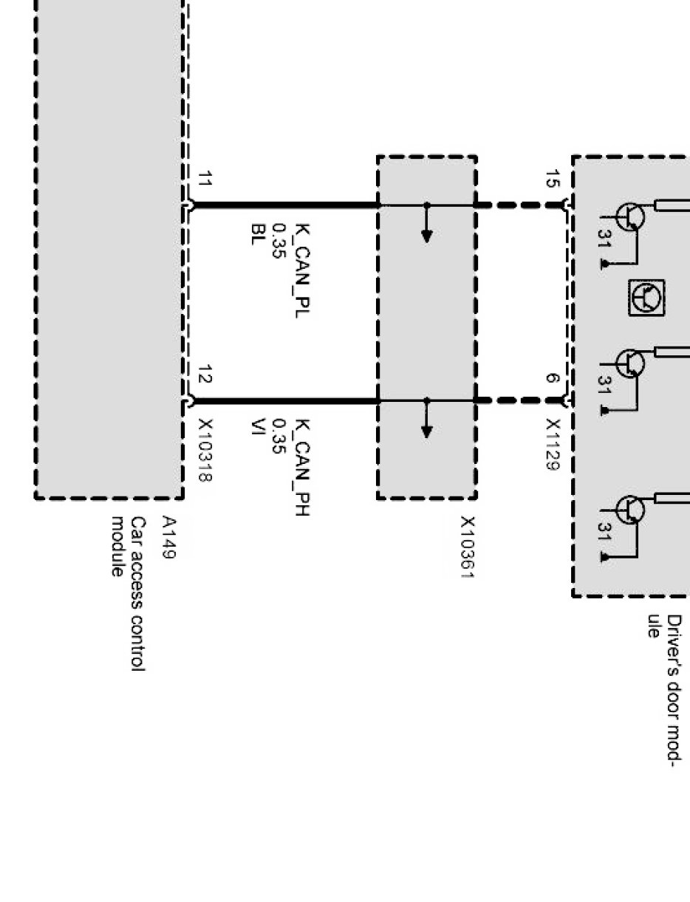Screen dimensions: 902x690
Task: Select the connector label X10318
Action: point(206,451)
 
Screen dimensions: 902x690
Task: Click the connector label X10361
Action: point(468,547)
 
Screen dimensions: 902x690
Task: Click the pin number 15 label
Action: point(552,179)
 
